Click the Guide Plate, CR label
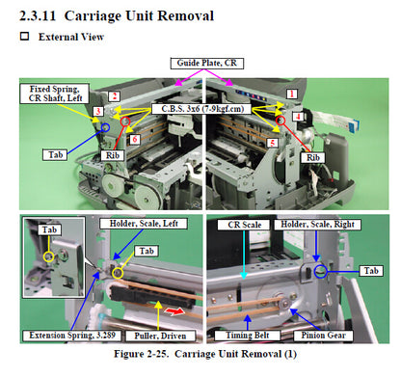[x=207, y=64]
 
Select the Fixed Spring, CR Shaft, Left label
[x=54, y=94]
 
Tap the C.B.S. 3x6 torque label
[x=202, y=109]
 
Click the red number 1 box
[x=292, y=94]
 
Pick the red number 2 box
[x=115, y=96]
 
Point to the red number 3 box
[x=98, y=111]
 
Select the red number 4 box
[x=298, y=117]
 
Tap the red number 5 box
[x=273, y=143]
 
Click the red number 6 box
[x=135, y=139]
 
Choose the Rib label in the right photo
[x=313, y=157]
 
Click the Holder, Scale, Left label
[x=144, y=224]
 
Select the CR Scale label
[x=244, y=225]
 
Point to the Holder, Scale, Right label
[x=317, y=225]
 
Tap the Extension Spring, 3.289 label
[x=72, y=336]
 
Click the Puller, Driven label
[x=160, y=336]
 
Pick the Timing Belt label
[x=248, y=336]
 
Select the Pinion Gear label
[x=323, y=336]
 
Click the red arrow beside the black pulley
[x=174, y=311]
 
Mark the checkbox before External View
[x=25, y=36]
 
